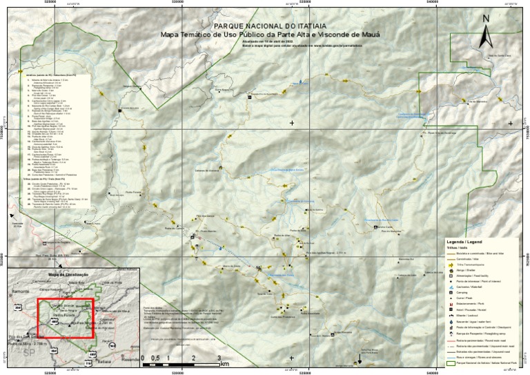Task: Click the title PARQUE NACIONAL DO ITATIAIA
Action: (265, 24)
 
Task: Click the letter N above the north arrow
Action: (485, 19)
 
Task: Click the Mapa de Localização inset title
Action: (69, 274)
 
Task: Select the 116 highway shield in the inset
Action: (88, 362)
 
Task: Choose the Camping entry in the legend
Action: (465, 292)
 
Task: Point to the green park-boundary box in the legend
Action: (451, 362)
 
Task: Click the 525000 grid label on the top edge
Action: (50, 3)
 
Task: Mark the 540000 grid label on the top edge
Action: (432, 3)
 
